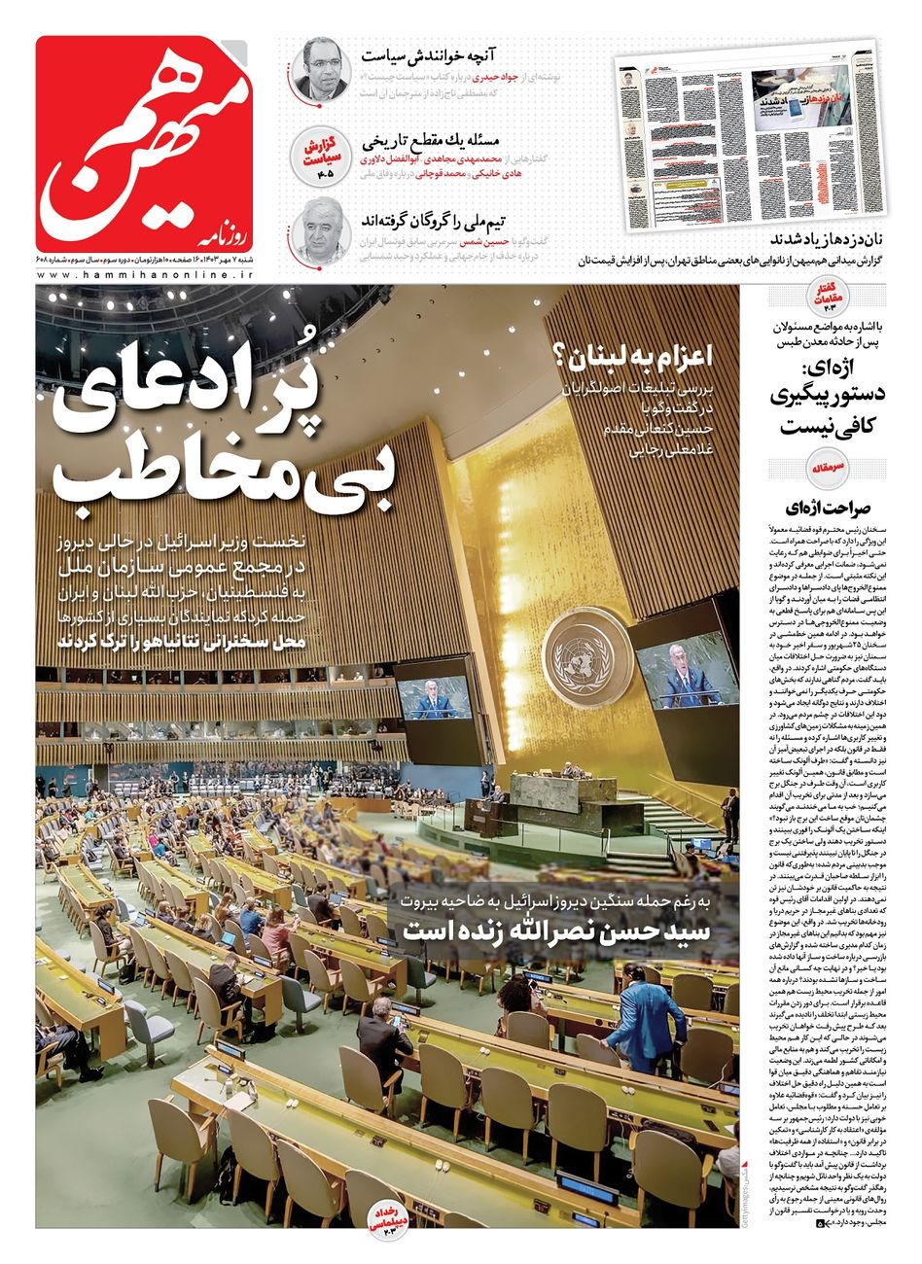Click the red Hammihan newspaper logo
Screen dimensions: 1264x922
click(x=146, y=143)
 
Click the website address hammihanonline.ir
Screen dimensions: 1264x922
click(x=146, y=276)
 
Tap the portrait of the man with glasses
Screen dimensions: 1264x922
click(x=322, y=68)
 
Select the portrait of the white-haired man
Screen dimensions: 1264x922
click(x=322, y=228)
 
